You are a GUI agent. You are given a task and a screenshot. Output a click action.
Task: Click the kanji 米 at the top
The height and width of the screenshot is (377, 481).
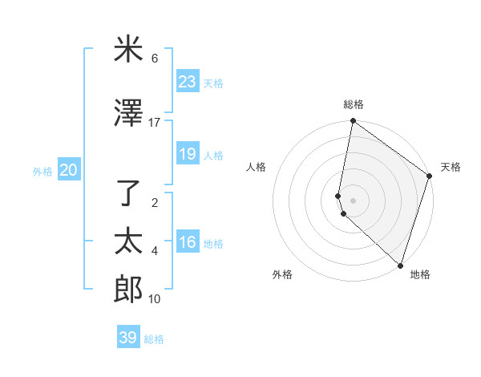pos(128,50)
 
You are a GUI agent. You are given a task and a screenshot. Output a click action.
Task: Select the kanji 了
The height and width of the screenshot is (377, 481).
pos(128,193)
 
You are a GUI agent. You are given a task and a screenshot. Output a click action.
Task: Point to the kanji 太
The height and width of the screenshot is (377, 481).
pos(128,241)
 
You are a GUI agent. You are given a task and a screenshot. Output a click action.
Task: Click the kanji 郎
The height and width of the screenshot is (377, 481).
pos(128,289)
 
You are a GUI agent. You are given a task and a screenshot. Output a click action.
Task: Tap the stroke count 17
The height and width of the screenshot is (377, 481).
pos(155,123)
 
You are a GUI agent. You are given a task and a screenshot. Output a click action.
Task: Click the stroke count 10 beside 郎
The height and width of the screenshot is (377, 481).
pos(155,299)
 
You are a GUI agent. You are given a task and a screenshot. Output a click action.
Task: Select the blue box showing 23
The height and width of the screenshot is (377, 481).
pos(187,82)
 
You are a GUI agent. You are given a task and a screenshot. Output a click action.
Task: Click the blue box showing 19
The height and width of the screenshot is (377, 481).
pos(187,154)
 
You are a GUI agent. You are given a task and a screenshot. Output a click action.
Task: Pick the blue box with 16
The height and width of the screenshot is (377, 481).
pos(187,242)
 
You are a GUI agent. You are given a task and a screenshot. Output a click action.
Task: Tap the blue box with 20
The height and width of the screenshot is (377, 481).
pos(68,170)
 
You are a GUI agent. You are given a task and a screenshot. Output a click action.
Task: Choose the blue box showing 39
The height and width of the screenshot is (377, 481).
pos(127,338)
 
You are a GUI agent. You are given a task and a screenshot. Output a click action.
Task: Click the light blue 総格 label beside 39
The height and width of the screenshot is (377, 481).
pos(154,339)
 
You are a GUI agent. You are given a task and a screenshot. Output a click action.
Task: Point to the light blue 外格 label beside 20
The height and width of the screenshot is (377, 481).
pos(42,172)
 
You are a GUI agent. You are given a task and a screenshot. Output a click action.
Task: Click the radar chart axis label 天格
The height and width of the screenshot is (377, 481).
pos(451,167)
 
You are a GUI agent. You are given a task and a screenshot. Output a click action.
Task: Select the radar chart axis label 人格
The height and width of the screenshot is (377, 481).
pos(256,167)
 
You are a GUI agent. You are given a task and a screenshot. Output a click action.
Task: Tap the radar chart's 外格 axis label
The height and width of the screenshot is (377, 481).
pos(282,274)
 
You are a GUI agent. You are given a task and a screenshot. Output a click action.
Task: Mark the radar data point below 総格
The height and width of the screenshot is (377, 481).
pos(353,121)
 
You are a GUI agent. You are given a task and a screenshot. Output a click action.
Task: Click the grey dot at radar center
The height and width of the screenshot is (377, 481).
pos(353,200)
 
